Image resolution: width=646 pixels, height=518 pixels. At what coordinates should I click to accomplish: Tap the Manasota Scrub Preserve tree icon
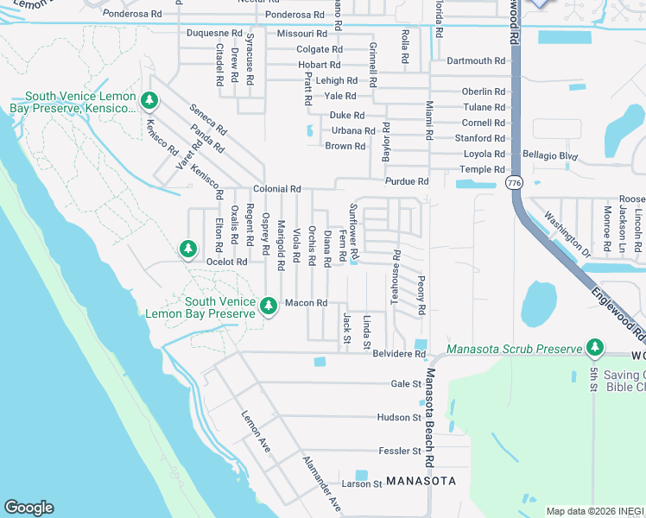[x=594, y=348]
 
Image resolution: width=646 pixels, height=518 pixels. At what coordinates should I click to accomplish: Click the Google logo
[x=28, y=508]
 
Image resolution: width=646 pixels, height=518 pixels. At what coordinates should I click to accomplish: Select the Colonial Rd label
[x=276, y=189]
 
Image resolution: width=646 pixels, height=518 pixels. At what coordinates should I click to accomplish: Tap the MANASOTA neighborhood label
[x=421, y=480]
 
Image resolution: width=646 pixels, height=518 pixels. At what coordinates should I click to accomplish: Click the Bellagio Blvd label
[x=549, y=155]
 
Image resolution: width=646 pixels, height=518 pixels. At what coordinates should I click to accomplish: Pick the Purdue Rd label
[x=407, y=181]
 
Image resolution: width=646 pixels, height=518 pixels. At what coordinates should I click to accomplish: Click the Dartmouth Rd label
[x=476, y=60]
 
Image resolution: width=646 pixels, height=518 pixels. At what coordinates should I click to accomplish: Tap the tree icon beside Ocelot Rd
[x=187, y=249]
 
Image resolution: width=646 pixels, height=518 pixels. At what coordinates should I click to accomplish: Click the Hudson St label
[x=398, y=417]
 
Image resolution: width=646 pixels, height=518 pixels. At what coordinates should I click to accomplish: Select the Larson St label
[x=361, y=484]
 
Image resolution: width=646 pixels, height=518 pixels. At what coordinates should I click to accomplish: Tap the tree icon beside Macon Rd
[x=269, y=306]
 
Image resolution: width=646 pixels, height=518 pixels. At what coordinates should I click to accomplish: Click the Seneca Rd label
[x=208, y=119]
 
